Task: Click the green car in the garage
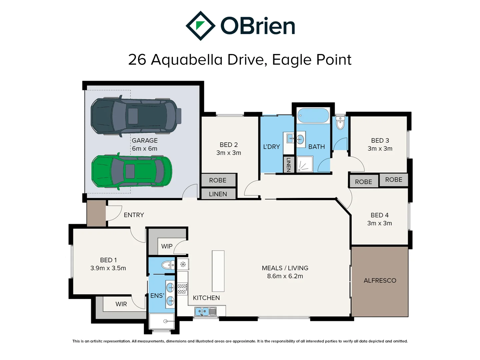coord(132,171)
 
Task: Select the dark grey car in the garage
coord(136,116)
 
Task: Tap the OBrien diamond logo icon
coord(200,26)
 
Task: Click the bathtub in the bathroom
coord(313,116)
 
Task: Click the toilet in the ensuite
coord(168,265)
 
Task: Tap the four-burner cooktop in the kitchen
coord(182,289)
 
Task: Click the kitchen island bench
coord(218,271)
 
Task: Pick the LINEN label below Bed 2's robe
coord(218,194)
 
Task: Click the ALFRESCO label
coord(380,281)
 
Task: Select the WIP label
coord(167,246)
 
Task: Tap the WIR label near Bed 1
coord(121,304)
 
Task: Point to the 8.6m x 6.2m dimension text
coord(285,276)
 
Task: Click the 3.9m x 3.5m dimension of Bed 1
coord(108,268)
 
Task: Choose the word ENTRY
coord(134,215)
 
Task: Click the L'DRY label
coord(271,147)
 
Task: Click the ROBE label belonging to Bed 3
coord(394,180)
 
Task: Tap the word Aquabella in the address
coord(187,60)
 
